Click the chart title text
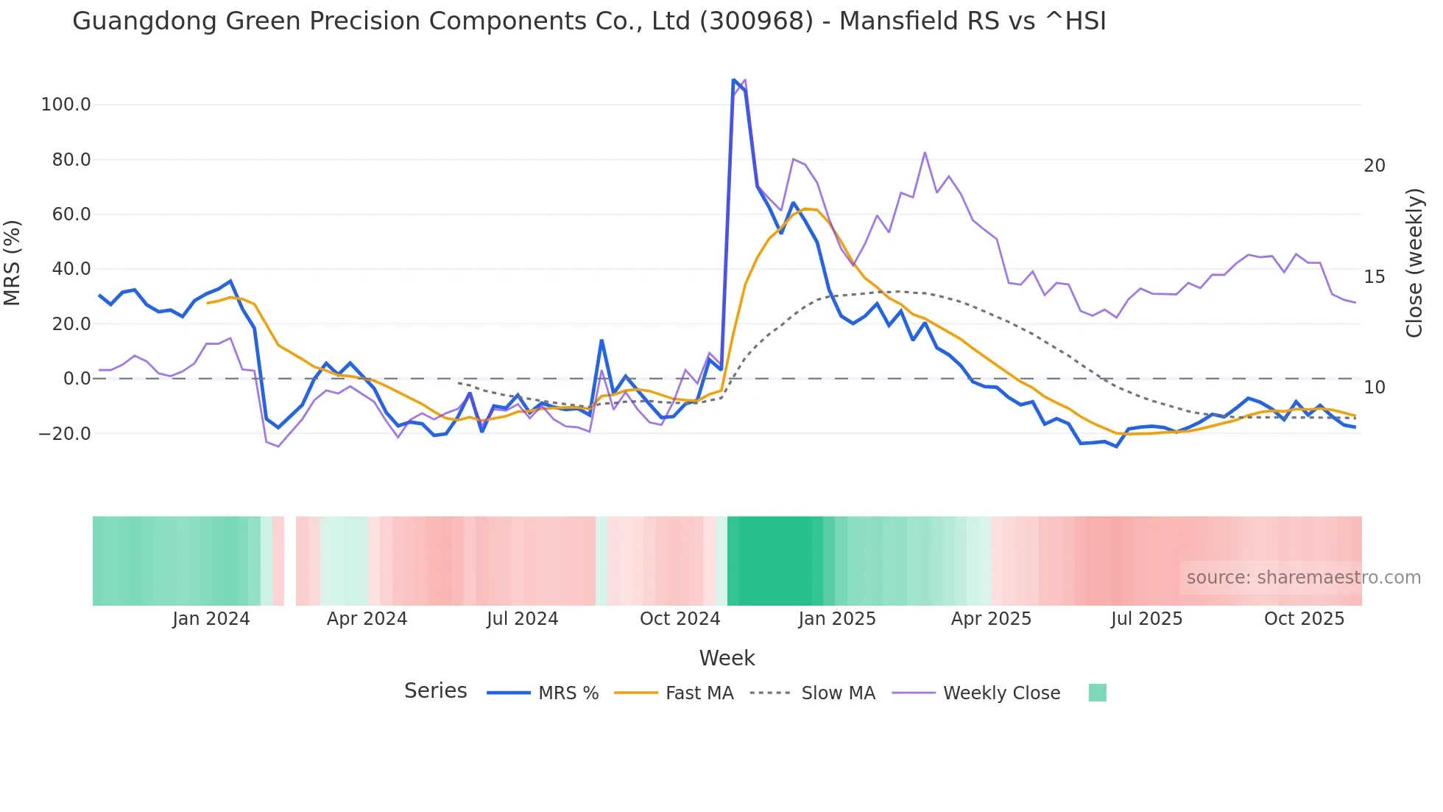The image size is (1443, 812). tap(589, 21)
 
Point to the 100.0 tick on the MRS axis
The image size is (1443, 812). tap(66, 105)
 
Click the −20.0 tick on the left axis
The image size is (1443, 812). tap(64, 434)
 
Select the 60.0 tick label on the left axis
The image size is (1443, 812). tap(71, 214)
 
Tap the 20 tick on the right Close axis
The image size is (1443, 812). tap(1374, 166)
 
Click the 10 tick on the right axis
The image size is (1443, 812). tap(1374, 388)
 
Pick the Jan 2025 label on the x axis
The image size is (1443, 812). tap(836, 619)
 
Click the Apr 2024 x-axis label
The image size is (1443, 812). tap(367, 619)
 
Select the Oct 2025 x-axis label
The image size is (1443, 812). tap(1304, 619)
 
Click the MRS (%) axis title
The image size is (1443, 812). tap(13, 262)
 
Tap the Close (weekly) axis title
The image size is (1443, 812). tap(1414, 262)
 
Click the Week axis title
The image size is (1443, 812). tap(727, 658)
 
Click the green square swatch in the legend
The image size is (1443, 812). tap(1097, 693)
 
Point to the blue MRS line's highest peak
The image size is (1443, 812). tap(733, 80)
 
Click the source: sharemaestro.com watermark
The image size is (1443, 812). tap(1303, 578)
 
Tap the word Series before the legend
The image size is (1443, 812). tap(435, 691)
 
